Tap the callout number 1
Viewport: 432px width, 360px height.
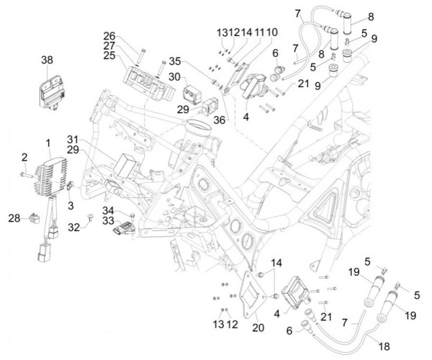tap(48, 142)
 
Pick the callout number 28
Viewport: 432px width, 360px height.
tap(14, 217)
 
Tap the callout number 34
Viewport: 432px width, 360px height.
tap(108, 210)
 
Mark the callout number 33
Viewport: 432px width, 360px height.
tap(108, 220)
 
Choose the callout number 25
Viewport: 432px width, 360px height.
tap(109, 55)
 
